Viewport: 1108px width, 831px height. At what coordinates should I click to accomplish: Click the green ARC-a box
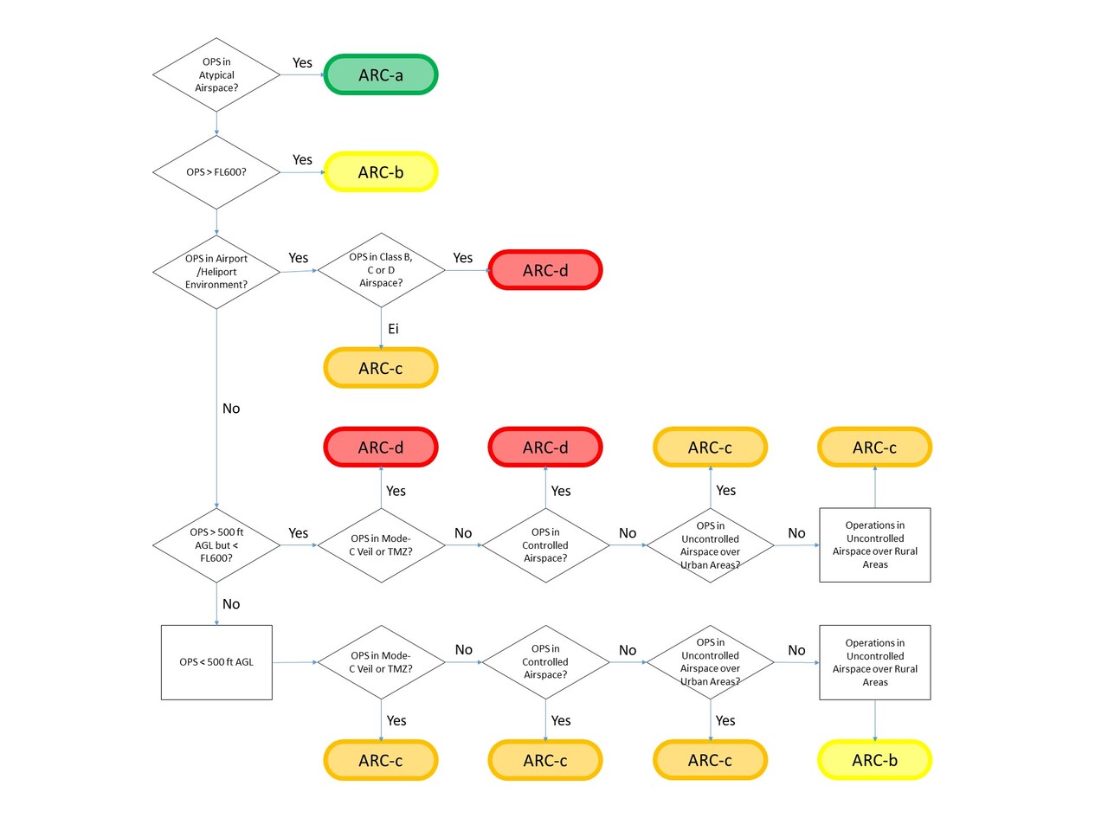tap(381, 75)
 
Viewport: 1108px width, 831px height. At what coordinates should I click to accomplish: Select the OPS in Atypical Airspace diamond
tap(216, 75)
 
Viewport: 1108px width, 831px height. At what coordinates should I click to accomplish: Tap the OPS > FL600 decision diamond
tap(216, 172)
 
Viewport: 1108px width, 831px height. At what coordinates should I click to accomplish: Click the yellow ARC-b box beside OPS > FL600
tap(381, 172)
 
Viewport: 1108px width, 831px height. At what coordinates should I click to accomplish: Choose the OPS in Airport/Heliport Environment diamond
tap(216, 272)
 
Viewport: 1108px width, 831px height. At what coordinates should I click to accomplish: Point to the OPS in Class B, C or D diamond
tap(381, 270)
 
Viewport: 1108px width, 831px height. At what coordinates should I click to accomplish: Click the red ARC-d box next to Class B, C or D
tap(545, 270)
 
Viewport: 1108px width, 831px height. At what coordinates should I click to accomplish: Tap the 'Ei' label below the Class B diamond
tap(393, 329)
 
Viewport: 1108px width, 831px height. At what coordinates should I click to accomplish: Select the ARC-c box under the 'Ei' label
tap(381, 368)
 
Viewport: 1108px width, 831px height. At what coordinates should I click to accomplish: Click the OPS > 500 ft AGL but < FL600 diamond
tap(216, 545)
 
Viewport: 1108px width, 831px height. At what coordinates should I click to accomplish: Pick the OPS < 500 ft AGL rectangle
tap(216, 662)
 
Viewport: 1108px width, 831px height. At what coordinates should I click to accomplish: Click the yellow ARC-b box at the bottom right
tap(874, 760)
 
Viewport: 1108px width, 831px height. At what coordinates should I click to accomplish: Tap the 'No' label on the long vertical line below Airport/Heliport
tap(231, 409)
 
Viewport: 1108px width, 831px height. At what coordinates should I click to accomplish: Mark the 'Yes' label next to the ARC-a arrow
tap(302, 62)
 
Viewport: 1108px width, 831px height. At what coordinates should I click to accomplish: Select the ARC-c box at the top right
tap(874, 448)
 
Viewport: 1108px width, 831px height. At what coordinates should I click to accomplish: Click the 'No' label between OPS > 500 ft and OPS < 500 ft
tap(231, 604)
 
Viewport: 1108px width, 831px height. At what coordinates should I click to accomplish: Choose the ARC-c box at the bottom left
tap(381, 760)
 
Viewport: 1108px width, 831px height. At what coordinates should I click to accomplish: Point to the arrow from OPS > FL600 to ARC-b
tap(302, 172)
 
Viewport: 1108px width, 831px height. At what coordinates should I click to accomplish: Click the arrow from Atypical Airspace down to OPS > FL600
tap(216, 124)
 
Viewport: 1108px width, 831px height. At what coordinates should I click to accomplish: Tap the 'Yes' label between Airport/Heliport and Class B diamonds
tap(298, 258)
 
